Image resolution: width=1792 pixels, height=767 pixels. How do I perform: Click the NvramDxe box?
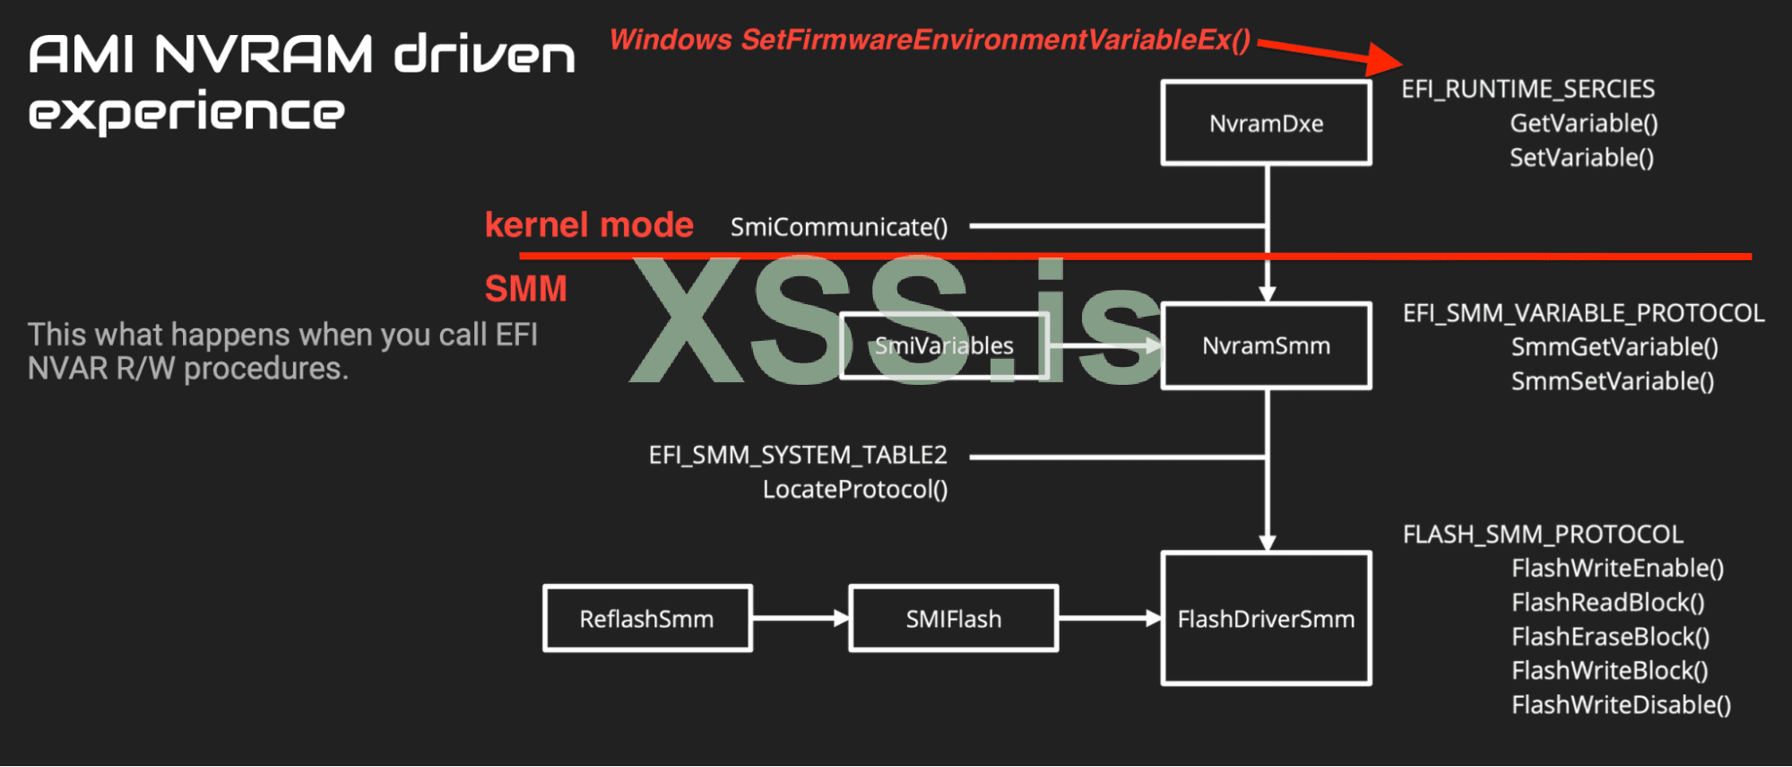[1266, 123]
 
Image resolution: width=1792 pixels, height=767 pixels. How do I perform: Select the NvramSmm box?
[1266, 345]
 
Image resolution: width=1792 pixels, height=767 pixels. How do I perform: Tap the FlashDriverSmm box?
[1266, 618]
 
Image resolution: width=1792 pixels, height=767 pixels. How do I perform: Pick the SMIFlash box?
[953, 618]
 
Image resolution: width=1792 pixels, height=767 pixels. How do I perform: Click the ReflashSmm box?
[646, 618]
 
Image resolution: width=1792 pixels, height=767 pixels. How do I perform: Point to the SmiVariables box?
[944, 345]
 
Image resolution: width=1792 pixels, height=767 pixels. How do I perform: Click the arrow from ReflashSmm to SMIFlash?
[801, 618]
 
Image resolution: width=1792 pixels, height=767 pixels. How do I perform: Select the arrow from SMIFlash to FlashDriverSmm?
[1110, 618]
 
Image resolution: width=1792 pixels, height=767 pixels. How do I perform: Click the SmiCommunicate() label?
[839, 227]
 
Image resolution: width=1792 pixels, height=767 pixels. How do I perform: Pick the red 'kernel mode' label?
[589, 224]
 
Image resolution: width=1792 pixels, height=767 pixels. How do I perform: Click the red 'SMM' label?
[526, 289]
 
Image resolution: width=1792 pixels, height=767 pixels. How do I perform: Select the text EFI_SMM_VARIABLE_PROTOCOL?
[1583, 313]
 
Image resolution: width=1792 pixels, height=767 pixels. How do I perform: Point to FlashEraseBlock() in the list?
[1610, 637]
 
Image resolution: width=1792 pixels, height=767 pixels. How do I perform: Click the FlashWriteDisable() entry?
[1621, 705]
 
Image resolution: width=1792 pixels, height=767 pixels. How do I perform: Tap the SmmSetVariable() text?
[1612, 381]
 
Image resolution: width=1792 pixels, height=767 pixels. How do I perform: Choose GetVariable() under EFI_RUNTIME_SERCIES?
[1583, 123]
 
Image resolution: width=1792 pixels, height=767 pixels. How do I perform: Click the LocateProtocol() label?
[855, 490]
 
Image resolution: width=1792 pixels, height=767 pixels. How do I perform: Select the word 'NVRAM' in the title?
[264, 55]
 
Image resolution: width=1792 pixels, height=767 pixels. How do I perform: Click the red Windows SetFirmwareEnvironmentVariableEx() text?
[930, 40]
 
